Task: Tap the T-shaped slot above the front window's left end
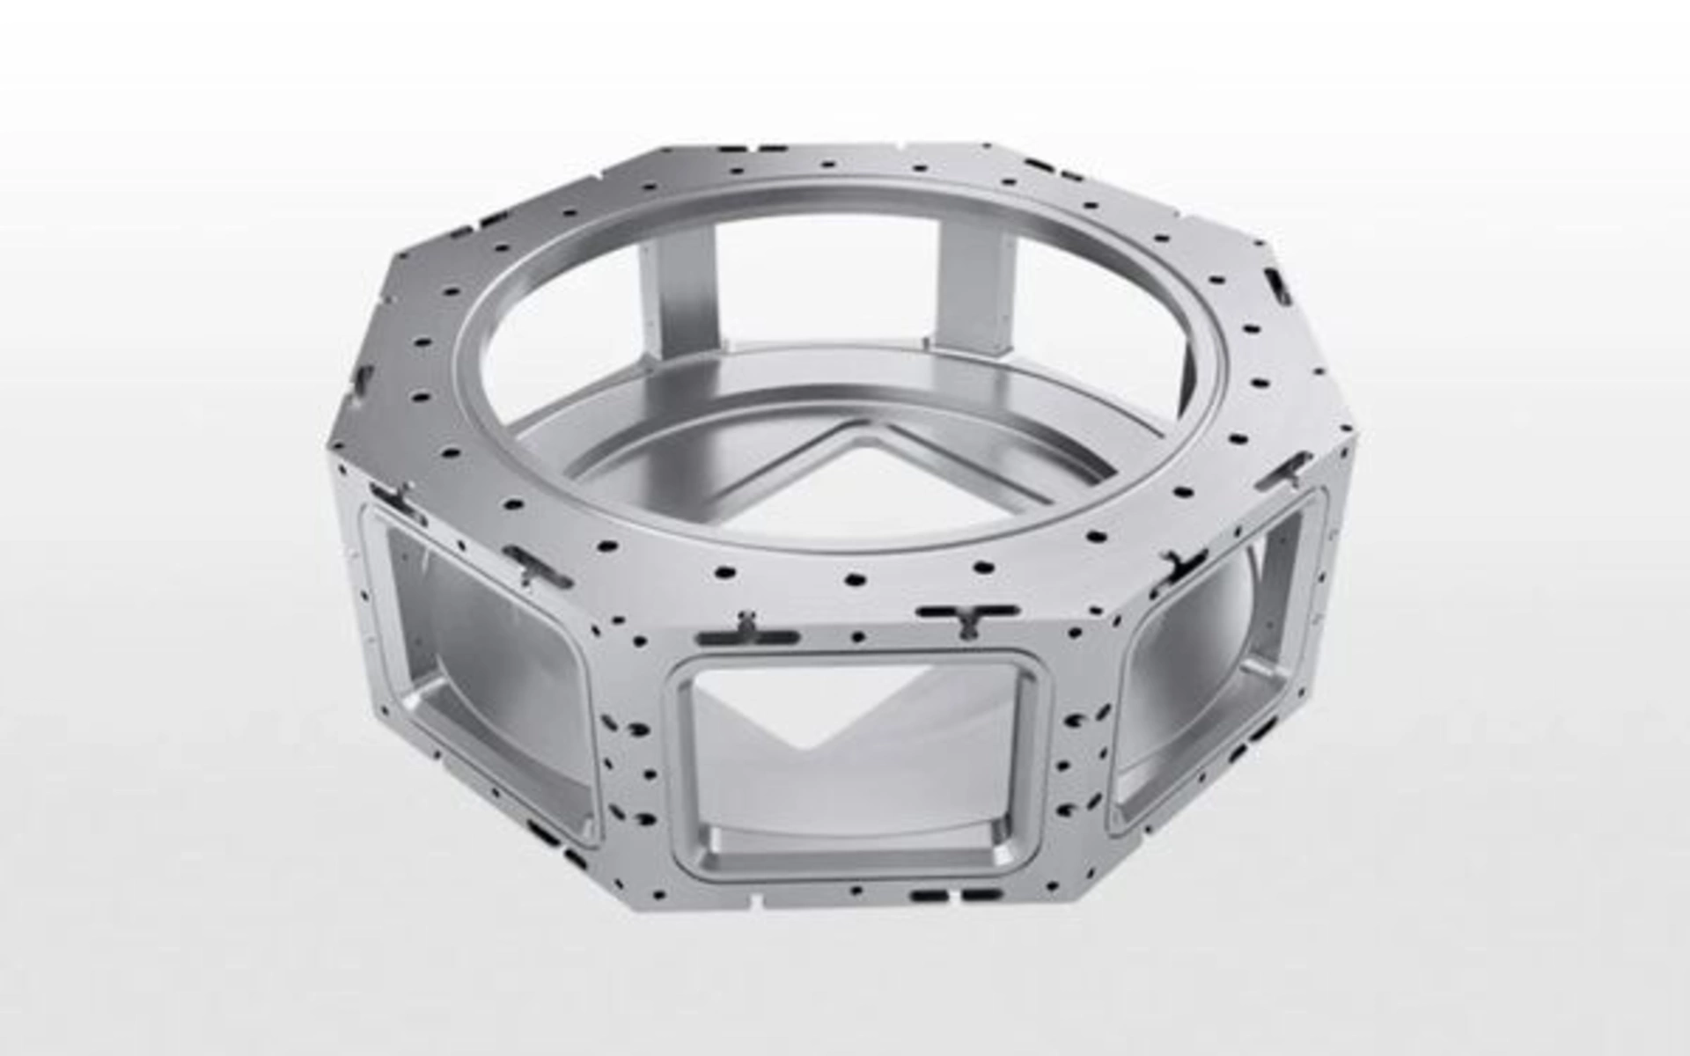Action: point(746,631)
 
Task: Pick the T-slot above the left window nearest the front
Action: point(533,564)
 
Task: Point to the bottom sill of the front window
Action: point(858,858)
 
